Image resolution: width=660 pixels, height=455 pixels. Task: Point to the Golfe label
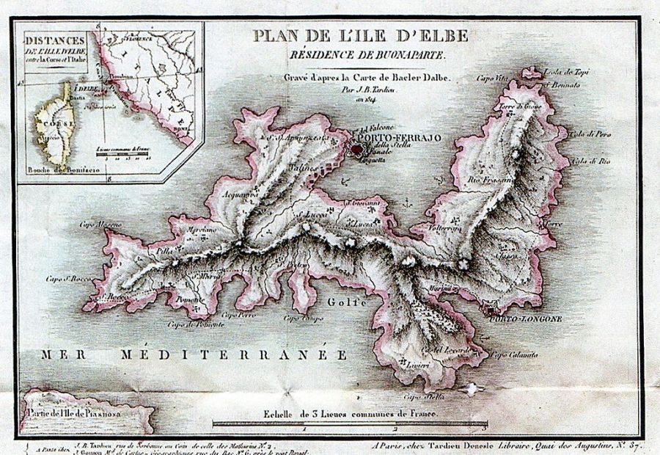click(340, 302)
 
